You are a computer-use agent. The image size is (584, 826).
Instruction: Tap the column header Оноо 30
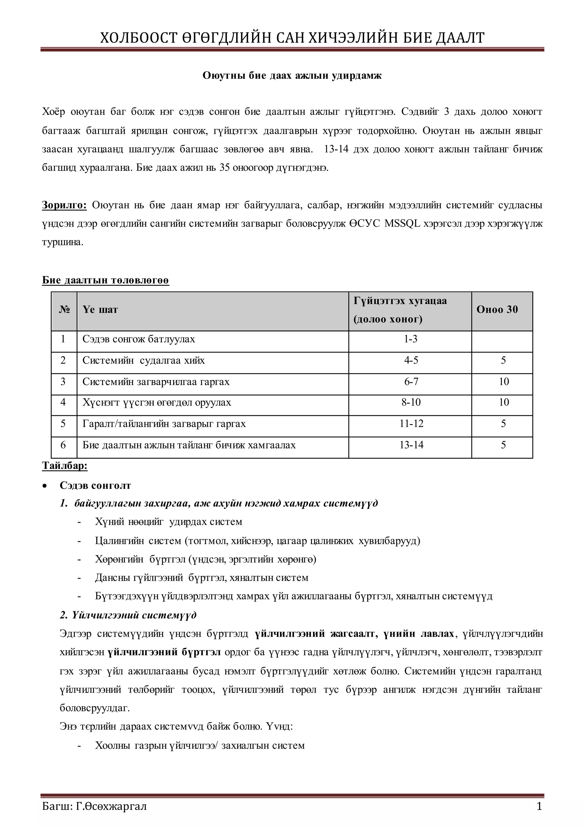[x=497, y=309]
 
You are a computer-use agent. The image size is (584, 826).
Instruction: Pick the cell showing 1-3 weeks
[x=410, y=339]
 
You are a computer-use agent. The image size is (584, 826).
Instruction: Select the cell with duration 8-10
[x=411, y=402]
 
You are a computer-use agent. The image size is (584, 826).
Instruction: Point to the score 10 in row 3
[x=504, y=381]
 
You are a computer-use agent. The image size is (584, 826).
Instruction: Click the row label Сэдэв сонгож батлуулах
[x=139, y=339]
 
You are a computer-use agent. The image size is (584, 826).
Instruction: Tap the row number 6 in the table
[x=63, y=445]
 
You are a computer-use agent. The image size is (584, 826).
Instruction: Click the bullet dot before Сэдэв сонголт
[x=44, y=486]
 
